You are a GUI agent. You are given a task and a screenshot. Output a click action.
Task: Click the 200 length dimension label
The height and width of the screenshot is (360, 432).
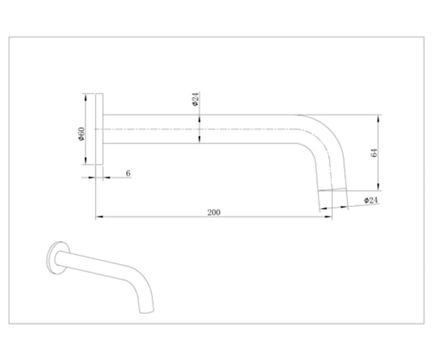214,212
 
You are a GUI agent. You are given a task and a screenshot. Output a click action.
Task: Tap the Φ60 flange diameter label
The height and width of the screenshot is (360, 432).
81,134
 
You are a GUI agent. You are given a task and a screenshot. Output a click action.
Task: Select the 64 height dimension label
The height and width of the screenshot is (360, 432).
374,153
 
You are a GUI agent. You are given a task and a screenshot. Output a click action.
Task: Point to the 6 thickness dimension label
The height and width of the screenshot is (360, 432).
128,174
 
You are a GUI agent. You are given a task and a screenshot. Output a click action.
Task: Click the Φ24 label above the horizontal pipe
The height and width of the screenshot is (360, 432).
195,99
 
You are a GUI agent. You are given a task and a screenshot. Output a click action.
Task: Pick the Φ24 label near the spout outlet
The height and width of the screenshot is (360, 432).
371,200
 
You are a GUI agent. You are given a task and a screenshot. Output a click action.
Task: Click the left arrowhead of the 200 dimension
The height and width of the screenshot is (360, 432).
99,217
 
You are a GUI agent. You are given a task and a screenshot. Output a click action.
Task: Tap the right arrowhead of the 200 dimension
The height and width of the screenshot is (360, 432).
328,217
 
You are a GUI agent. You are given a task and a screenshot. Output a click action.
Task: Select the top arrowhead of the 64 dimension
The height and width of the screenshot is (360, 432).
379,118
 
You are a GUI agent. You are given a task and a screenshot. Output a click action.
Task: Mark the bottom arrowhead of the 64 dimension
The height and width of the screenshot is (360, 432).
379,186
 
